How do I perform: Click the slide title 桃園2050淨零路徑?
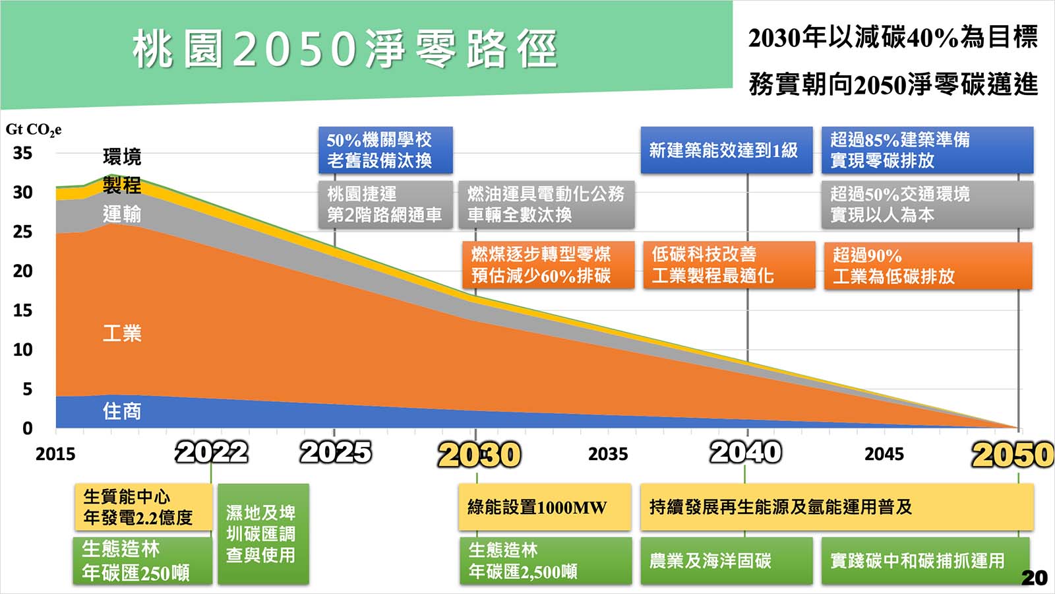(x=346, y=49)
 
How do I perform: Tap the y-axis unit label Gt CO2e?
(x=34, y=129)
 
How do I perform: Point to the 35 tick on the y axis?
(x=22, y=152)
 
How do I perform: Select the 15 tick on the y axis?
(x=22, y=310)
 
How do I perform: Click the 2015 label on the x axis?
(x=55, y=454)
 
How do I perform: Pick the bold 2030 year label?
(x=479, y=455)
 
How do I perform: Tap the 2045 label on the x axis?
(x=884, y=454)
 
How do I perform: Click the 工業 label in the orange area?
(x=122, y=333)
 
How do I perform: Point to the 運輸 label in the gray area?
(x=122, y=214)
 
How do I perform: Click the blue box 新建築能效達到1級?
(x=727, y=150)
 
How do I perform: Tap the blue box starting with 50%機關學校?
(x=385, y=150)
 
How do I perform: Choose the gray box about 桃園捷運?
(x=385, y=205)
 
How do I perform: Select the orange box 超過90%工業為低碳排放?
(x=928, y=265)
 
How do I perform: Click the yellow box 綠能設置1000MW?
(x=545, y=507)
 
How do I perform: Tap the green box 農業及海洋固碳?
(x=727, y=561)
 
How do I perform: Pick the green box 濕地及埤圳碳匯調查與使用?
(x=263, y=534)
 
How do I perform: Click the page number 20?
(x=1035, y=577)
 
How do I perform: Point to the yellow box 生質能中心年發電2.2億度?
(x=143, y=507)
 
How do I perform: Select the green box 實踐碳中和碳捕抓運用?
(x=926, y=561)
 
